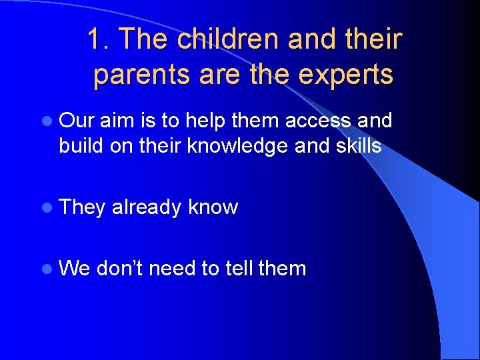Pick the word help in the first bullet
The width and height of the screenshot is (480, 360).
(206, 121)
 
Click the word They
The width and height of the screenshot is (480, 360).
(82, 207)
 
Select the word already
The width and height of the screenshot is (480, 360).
(147, 207)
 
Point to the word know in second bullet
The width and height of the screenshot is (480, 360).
(213, 207)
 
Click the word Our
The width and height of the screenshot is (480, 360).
(77, 121)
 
